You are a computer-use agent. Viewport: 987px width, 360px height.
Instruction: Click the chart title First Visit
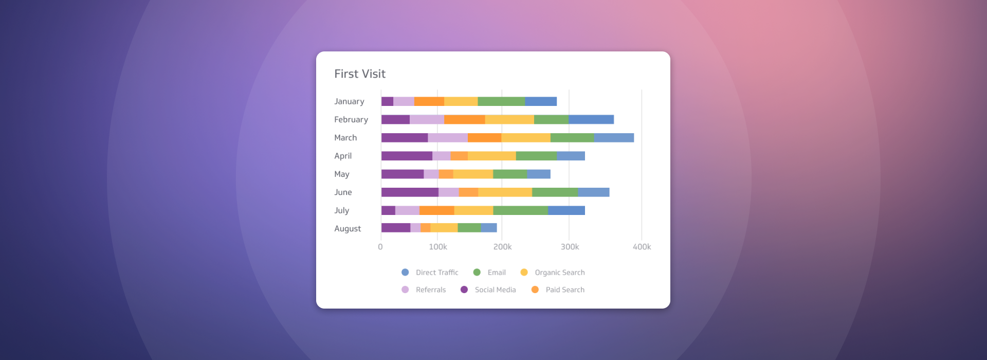pos(360,74)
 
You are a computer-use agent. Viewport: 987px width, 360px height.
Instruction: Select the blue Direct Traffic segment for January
pos(541,101)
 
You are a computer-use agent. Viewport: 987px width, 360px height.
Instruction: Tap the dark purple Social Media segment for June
pos(410,192)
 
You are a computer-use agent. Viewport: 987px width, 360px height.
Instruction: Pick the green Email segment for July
pos(520,210)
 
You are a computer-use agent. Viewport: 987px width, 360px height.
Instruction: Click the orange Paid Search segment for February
pos(464,119)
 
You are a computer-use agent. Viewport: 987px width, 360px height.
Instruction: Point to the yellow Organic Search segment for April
pos(491,156)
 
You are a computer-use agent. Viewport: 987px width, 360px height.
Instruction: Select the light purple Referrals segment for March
pos(448,138)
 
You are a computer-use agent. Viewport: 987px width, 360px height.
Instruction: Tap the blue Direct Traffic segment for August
pos(489,228)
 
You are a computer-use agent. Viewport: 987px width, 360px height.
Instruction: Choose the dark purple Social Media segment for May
pos(403,174)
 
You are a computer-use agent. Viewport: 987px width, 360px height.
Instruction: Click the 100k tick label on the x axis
pos(438,247)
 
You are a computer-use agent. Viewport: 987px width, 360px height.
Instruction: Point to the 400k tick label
pos(642,247)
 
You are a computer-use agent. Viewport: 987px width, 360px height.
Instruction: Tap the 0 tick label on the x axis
pos(380,247)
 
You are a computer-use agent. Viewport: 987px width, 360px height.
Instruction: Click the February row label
pos(351,120)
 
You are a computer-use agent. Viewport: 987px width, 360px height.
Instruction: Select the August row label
pos(348,229)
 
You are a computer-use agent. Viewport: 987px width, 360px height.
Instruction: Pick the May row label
pos(342,174)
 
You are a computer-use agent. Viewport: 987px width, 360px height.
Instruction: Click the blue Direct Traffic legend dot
pos(405,273)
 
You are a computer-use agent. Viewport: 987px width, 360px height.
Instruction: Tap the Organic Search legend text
pos(559,273)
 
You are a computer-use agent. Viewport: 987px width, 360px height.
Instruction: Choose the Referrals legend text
pos(431,290)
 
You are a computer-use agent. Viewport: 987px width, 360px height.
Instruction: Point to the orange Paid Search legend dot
pos(535,290)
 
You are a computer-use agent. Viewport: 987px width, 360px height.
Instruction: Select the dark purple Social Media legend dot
pos(464,290)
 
